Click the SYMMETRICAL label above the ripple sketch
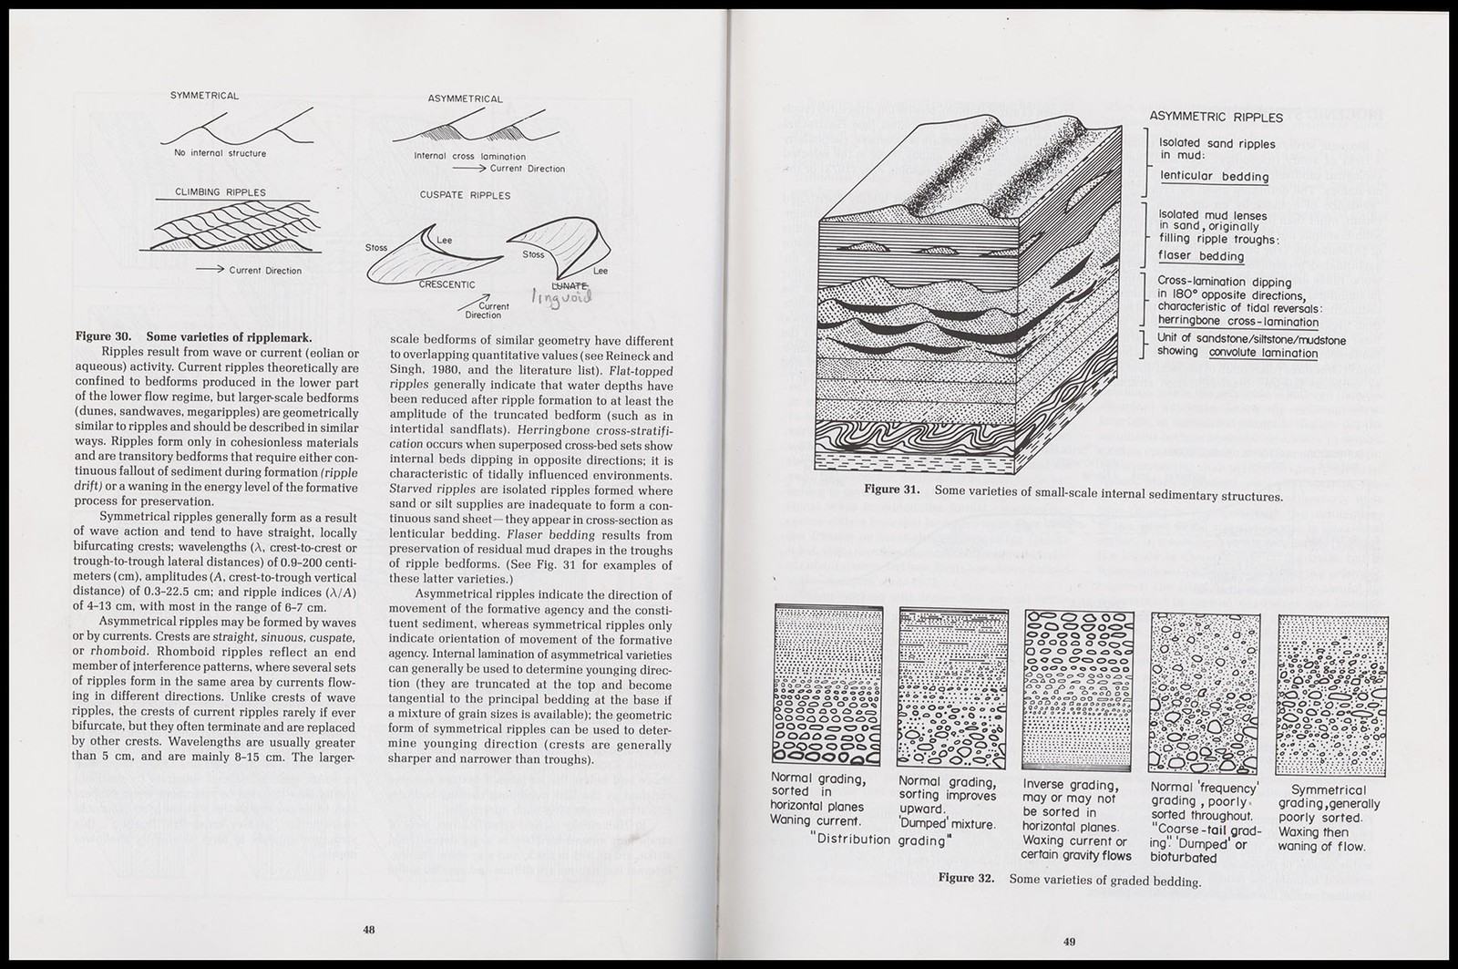(204, 96)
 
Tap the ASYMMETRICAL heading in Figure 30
(465, 99)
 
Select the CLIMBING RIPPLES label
(220, 192)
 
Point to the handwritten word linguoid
(562, 297)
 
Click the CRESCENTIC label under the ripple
(447, 284)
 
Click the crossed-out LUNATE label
(570, 285)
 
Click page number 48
(369, 930)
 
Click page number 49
(1070, 941)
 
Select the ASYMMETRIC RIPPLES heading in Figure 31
(1216, 118)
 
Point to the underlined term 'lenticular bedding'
(1215, 177)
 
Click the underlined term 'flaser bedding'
(1201, 256)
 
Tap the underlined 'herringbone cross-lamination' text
(1238, 322)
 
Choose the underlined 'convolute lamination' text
(1263, 353)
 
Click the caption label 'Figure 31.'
(892, 490)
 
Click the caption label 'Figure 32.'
(966, 878)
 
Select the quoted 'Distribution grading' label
(880, 840)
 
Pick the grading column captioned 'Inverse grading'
(1078, 690)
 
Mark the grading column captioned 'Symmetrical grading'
(1331, 696)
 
